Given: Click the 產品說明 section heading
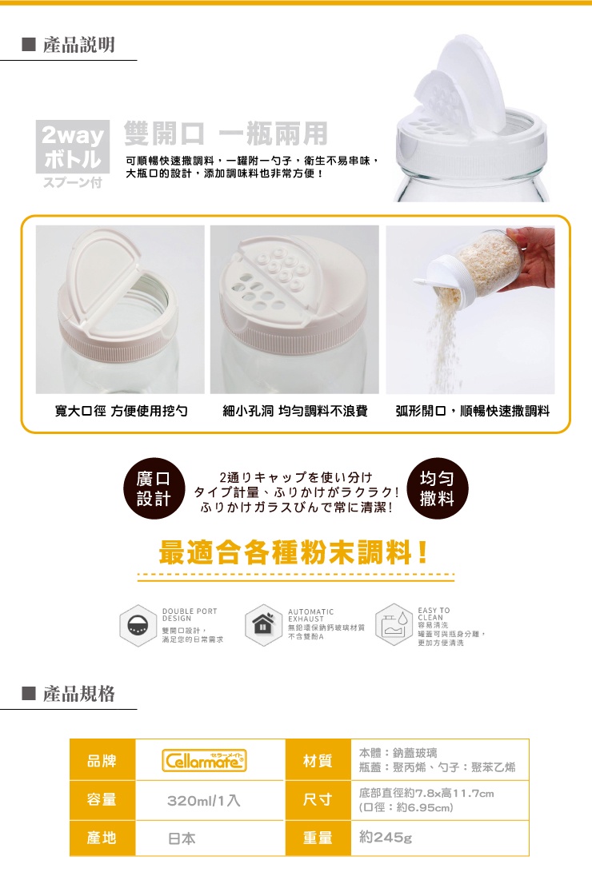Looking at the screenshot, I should (78, 45).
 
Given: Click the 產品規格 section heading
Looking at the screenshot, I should (78, 693).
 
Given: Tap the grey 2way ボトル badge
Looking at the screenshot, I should (72, 149).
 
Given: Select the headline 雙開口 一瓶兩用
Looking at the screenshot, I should (226, 133).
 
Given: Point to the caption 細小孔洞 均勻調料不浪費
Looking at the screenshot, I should (294, 412).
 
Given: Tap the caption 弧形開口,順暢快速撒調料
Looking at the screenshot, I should (472, 412).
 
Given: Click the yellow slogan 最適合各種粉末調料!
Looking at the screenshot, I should (294, 552).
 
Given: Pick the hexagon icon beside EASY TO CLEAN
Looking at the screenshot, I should (391, 623).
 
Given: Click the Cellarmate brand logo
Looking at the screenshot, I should (205, 760).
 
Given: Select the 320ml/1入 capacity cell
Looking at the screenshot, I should (204, 800).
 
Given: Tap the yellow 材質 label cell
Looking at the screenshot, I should (318, 760).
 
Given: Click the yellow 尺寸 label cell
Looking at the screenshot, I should (318, 800).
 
